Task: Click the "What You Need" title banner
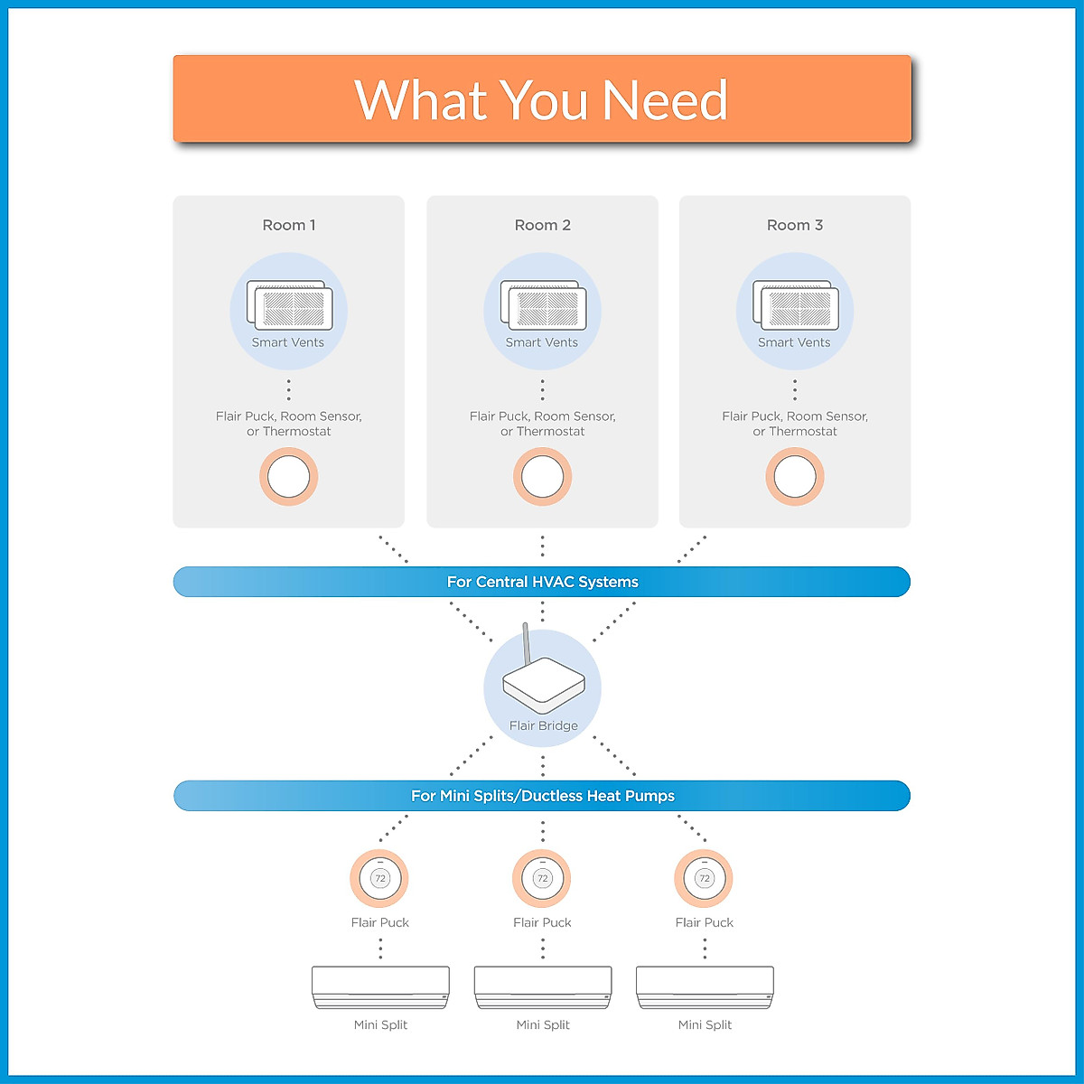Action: click(x=542, y=98)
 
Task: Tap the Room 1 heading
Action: click(x=288, y=225)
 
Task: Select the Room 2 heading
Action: click(x=542, y=225)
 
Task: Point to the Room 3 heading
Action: click(x=794, y=225)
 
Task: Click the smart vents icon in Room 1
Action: click(x=289, y=305)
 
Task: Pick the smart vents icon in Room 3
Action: click(x=796, y=305)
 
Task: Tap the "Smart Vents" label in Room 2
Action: click(x=541, y=342)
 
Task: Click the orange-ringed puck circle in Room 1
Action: click(x=288, y=476)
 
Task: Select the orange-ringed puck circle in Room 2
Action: click(x=542, y=476)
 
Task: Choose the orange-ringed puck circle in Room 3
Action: click(x=795, y=476)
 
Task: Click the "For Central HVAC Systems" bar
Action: click(x=542, y=582)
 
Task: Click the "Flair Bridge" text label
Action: click(x=544, y=725)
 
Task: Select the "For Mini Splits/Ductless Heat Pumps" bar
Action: click(x=542, y=796)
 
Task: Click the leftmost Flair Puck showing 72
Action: click(x=379, y=878)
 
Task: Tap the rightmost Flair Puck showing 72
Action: click(x=704, y=878)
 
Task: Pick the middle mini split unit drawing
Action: click(x=543, y=987)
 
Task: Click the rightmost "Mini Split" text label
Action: click(x=705, y=1025)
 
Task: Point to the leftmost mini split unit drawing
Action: click(x=381, y=987)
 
